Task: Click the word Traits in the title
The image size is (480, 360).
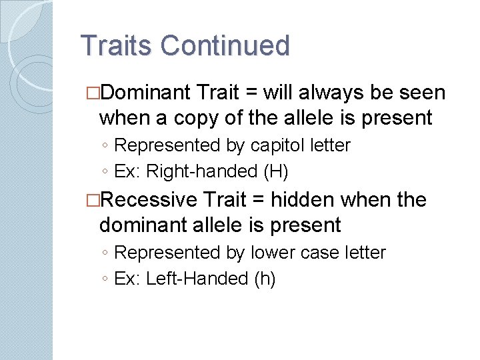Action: (117, 46)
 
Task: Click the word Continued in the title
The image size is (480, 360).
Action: (225, 46)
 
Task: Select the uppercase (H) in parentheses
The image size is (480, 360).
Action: (276, 171)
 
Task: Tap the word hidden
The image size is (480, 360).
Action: (299, 199)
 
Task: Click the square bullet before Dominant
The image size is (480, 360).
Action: (93, 92)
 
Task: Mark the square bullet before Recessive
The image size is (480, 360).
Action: (93, 200)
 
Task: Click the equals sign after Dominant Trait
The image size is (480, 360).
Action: (253, 92)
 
